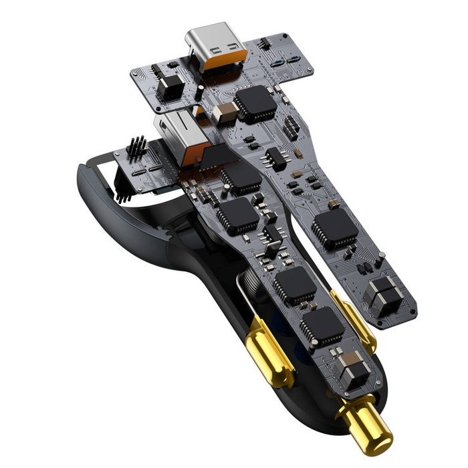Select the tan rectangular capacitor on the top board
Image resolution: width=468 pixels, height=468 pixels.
click(x=226, y=113)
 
